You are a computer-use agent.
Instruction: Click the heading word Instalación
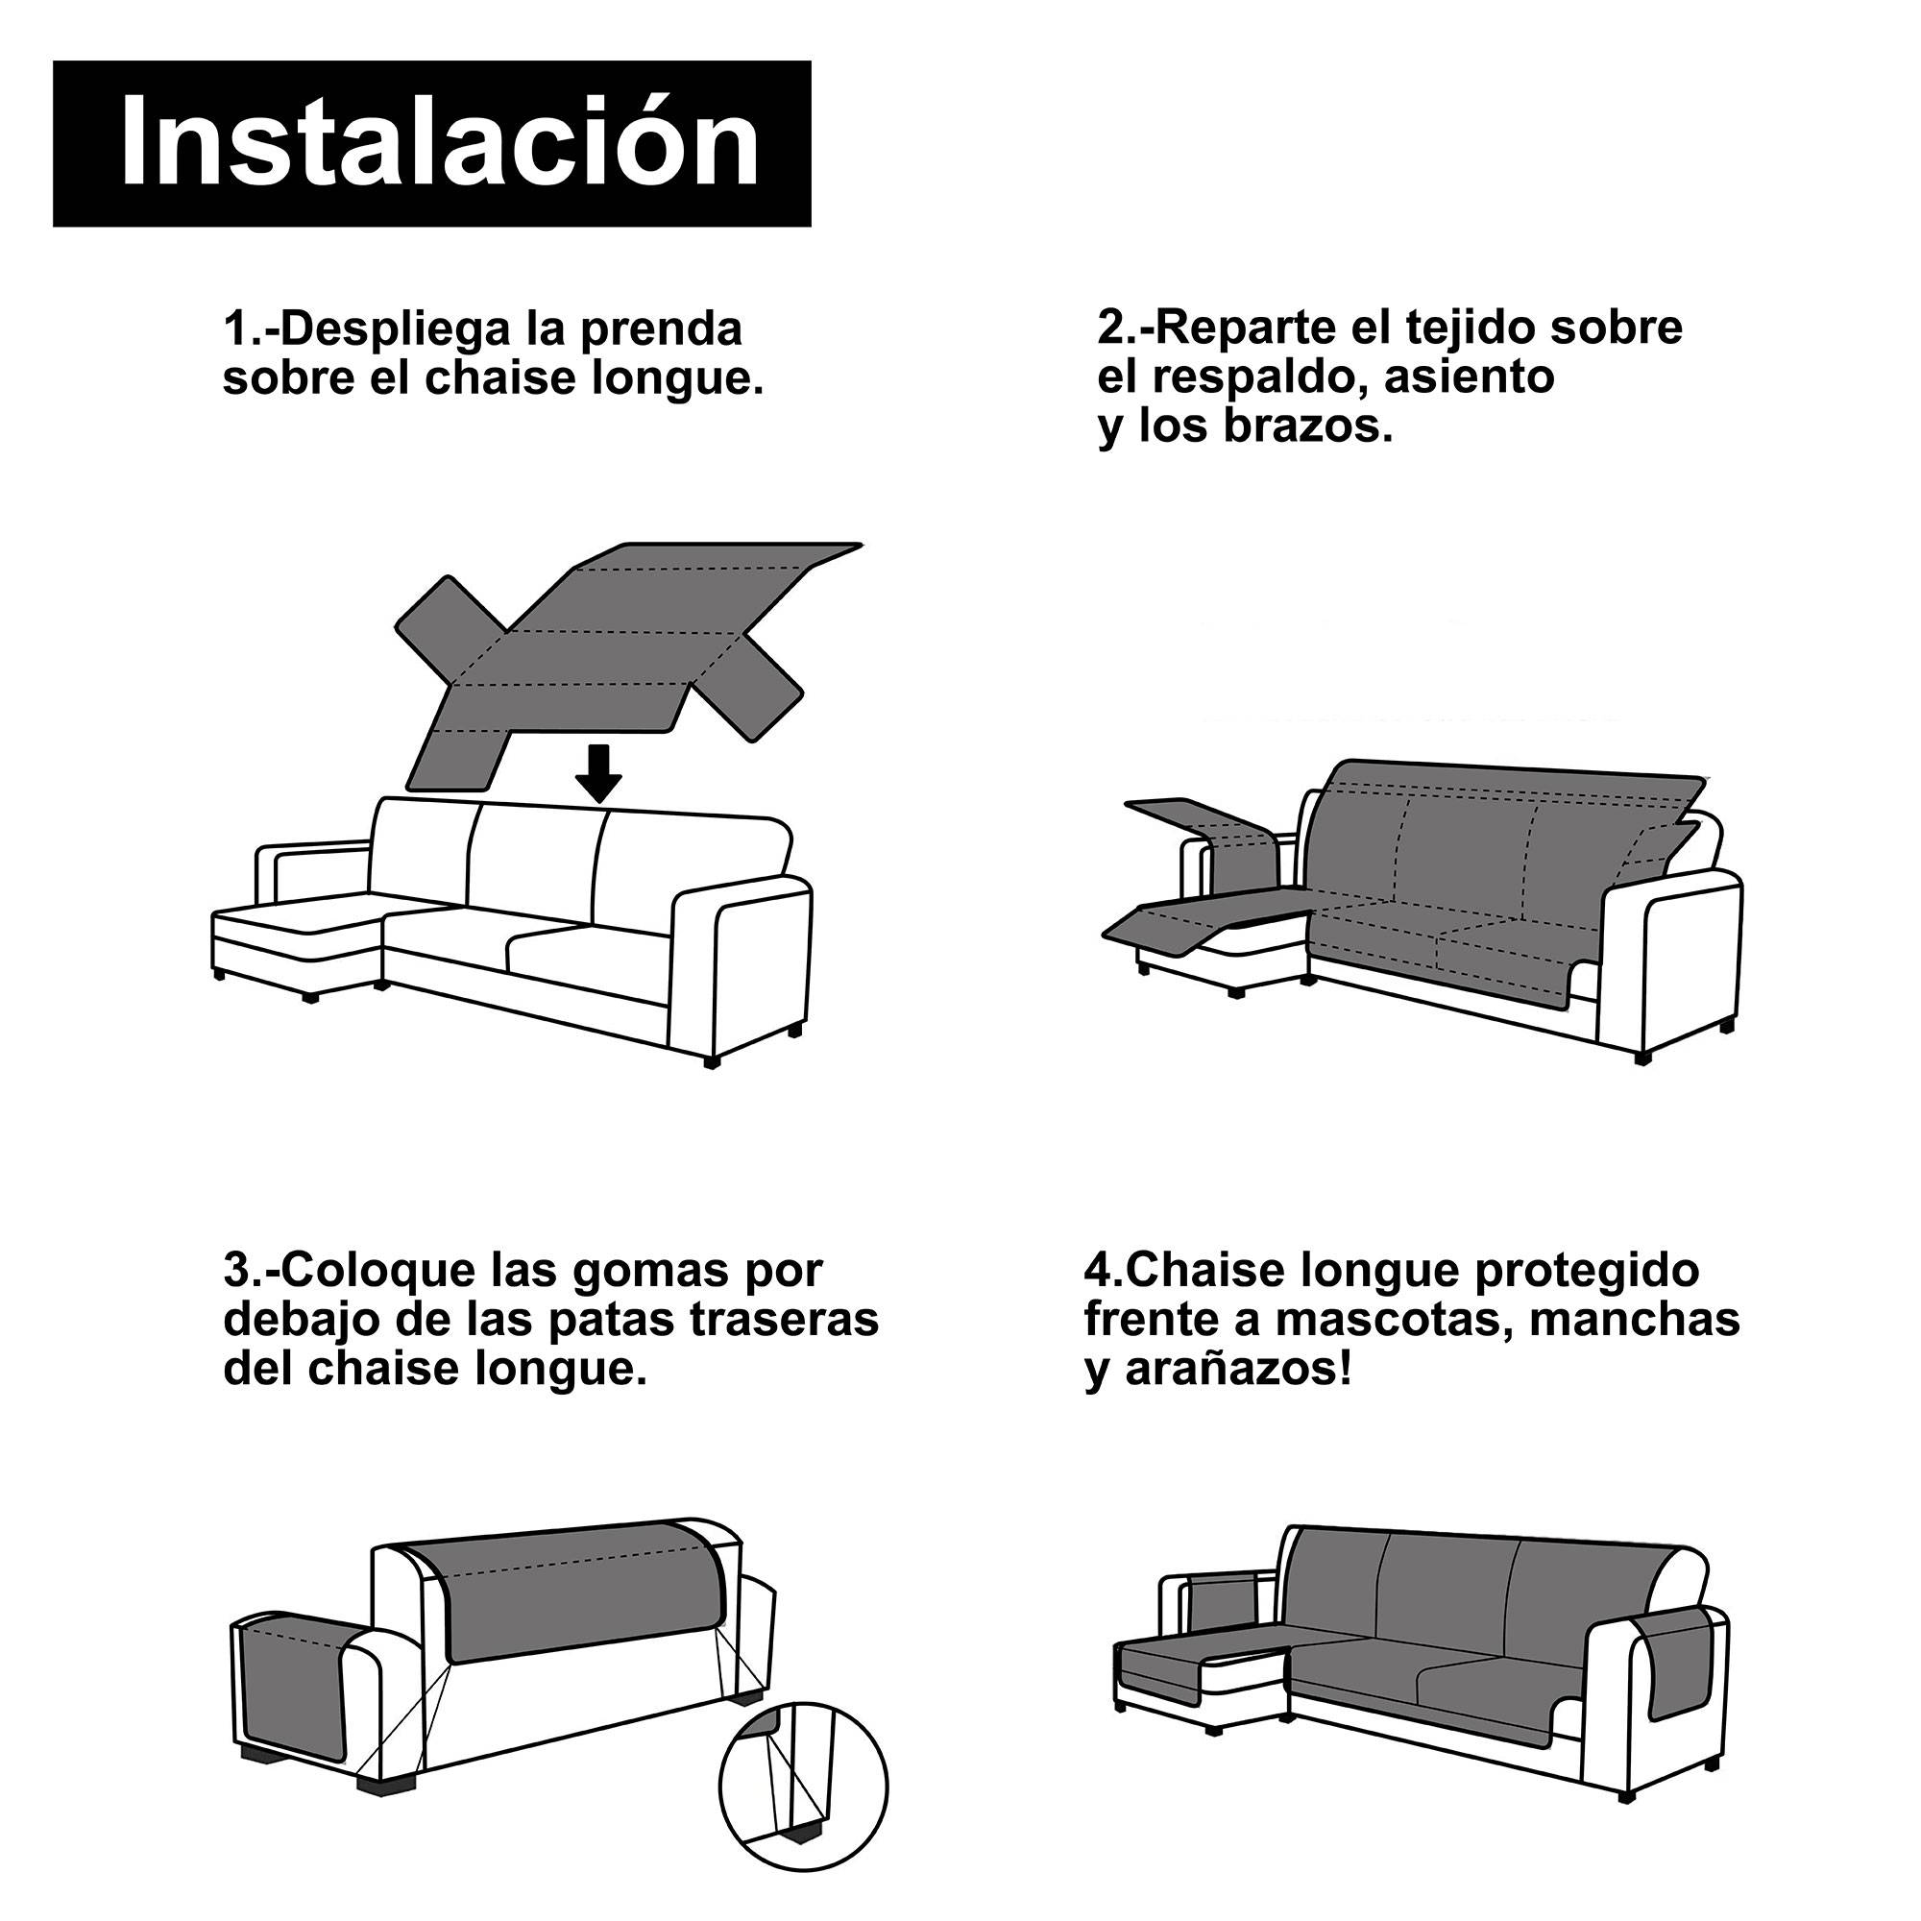point(440,143)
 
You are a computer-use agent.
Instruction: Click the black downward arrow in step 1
point(598,774)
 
